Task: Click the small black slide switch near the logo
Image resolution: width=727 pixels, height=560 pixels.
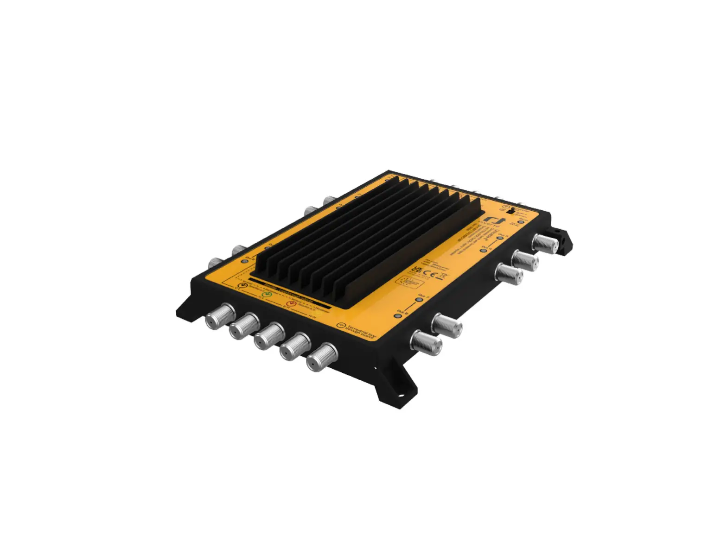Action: coord(510,210)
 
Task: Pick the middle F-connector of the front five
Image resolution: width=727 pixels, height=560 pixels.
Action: coord(269,336)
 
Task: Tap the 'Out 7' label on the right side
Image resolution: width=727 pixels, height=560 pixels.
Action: coord(424,295)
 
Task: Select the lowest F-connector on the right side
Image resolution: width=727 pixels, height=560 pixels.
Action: coord(426,343)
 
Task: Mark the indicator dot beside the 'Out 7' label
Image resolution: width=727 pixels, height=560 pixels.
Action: coord(419,300)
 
